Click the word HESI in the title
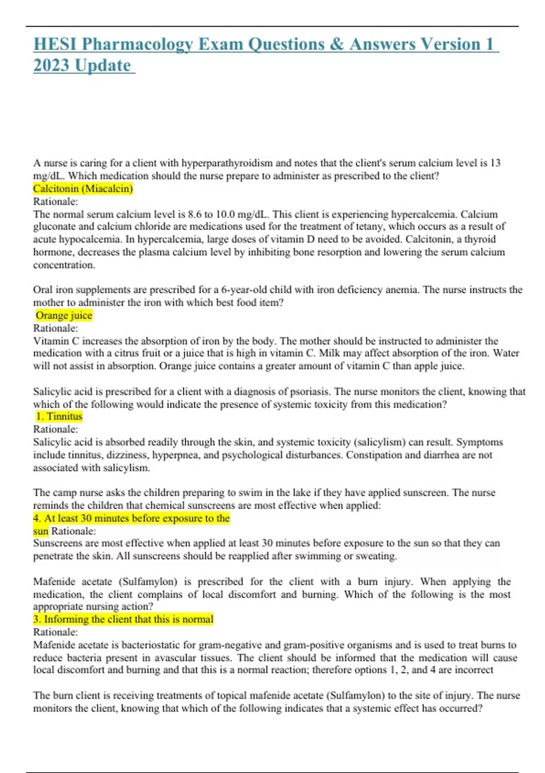pyautogui.click(x=55, y=45)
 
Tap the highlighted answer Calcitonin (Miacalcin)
pyautogui.click(x=83, y=189)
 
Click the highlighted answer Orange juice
pyautogui.click(x=64, y=316)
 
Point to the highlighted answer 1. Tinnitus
pyautogui.click(x=59, y=417)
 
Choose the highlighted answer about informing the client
pyautogui.click(x=123, y=619)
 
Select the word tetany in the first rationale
pyautogui.click(x=367, y=226)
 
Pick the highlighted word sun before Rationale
pyautogui.click(x=40, y=531)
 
